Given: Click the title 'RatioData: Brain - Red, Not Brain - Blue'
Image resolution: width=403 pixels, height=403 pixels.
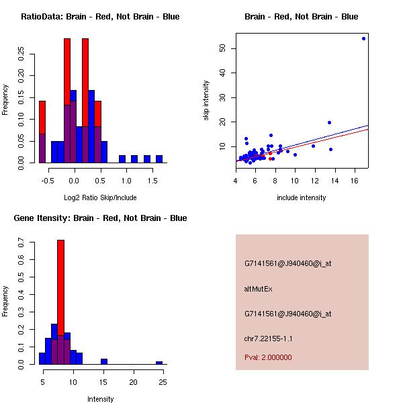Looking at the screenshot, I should pos(100,17).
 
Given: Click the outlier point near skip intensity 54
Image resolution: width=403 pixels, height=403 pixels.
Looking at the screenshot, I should pos(363,38).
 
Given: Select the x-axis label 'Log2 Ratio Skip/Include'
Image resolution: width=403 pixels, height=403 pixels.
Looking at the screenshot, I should pos(100,197).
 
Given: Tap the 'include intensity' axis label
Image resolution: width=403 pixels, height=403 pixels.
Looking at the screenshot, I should pos(302,197).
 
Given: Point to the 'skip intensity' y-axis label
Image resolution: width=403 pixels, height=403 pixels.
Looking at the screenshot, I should pos(206,101).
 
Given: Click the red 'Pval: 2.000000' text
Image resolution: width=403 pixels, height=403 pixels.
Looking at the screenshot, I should pos(268,357).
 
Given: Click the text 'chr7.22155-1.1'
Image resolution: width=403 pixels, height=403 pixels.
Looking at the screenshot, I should pos(269,339).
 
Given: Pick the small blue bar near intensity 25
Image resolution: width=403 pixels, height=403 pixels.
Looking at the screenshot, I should pos(159,363).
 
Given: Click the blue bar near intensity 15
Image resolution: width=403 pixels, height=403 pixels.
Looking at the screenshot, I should pos(104,361).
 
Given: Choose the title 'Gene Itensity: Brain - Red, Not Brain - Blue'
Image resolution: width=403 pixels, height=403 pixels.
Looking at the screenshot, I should pos(100,218).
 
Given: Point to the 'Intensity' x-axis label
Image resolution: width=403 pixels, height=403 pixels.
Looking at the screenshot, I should pos(100,399).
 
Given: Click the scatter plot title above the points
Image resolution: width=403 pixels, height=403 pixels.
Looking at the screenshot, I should pos(302,17).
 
